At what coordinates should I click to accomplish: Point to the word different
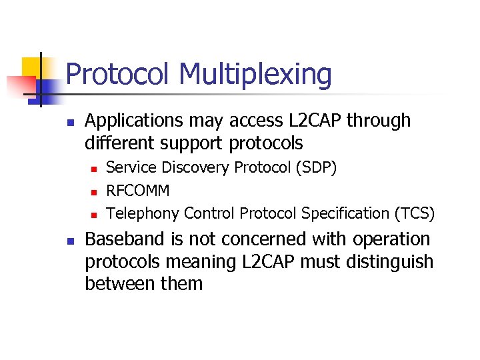click(x=121, y=143)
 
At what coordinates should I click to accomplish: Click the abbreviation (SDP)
click(x=315, y=167)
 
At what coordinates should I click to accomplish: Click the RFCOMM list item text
click(x=138, y=191)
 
